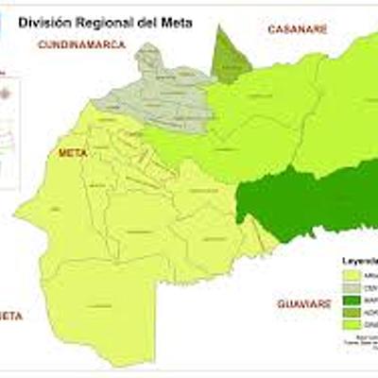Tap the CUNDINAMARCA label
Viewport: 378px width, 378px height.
click(81, 44)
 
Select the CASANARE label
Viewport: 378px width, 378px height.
click(298, 29)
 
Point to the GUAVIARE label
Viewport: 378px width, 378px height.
click(303, 303)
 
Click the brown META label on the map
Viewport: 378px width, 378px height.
click(72, 152)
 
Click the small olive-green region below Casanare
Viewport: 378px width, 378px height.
click(230, 56)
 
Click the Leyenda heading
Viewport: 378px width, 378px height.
click(357, 259)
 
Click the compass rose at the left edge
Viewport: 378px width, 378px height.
click(8, 93)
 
